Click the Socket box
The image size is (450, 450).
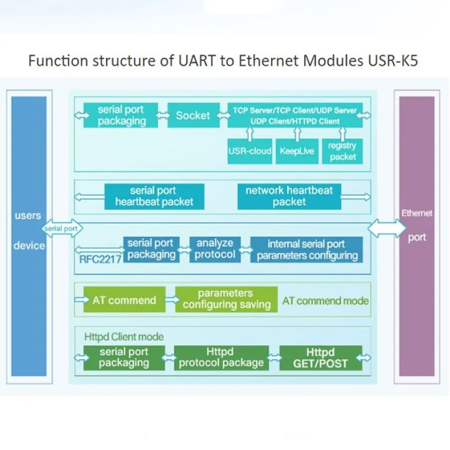coord(193,115)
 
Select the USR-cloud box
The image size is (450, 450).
coord(250,151)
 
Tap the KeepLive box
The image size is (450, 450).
coord(297,151)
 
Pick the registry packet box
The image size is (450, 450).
coord(343,151)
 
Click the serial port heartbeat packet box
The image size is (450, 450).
coord(154,196)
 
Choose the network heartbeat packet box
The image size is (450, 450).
coord(289,196)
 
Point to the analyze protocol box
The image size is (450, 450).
coord(215,249)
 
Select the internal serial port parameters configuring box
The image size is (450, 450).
coord(307,249)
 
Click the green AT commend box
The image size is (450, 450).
coord(124,299)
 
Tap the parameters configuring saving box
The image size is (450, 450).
coord(227,299)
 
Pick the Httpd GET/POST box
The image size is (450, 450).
coord(321,358)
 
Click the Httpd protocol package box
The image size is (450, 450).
coord(221,358)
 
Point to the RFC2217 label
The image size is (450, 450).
coord(100,259)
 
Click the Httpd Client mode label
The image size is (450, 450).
coord(124,336)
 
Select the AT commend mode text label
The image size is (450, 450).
coord(326,301)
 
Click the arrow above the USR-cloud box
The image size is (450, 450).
coord(250,134)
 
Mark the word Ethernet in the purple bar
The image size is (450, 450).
coord(417,213)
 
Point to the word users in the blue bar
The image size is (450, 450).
coord(28,215)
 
